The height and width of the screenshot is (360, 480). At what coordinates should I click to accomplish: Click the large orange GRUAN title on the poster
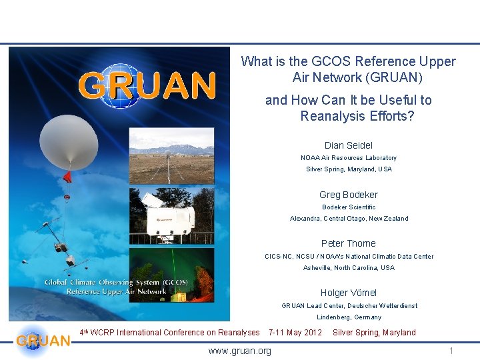147,85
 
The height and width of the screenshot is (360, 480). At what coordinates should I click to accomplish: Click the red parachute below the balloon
67,177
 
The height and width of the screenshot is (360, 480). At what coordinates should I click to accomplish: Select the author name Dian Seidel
349,145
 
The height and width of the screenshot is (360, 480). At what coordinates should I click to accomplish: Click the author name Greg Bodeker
349,195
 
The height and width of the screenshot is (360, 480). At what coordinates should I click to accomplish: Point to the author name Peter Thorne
349,243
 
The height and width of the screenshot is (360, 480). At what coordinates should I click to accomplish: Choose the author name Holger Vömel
349,293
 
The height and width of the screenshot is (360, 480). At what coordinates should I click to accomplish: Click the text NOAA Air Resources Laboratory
349,158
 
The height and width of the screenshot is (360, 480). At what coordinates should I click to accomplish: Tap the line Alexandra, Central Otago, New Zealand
349,219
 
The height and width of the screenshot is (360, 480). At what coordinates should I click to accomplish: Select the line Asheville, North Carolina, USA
349,268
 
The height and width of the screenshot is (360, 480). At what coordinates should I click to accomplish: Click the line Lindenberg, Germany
349,317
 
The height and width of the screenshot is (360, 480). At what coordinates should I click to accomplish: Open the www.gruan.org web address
240,351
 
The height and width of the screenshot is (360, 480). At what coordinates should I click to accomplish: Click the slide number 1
451,351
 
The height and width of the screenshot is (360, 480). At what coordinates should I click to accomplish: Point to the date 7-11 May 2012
295,333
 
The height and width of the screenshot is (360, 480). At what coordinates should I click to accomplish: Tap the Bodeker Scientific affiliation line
349,207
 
